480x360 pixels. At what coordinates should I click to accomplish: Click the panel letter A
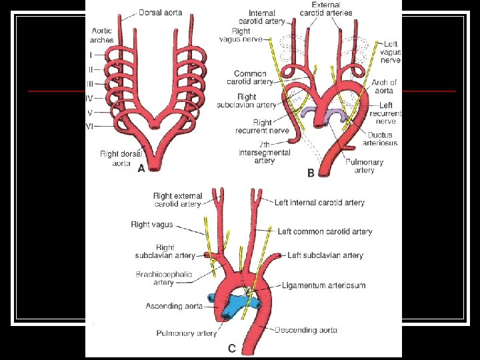click(141, 169)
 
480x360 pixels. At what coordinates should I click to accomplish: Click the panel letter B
click(311, 173)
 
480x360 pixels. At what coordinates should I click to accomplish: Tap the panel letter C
click(231, 347)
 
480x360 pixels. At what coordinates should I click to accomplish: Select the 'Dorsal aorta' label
click(161, 12)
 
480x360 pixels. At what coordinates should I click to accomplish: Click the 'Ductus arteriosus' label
click(379, 138)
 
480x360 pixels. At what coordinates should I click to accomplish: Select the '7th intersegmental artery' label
click(265, 153)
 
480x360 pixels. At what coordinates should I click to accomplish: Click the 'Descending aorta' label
click(305, 329)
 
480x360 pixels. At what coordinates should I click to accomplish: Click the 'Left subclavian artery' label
click(325, 255)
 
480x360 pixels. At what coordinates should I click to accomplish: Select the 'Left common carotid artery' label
click(325, 231)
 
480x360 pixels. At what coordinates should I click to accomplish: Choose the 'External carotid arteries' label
click(325, 9)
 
